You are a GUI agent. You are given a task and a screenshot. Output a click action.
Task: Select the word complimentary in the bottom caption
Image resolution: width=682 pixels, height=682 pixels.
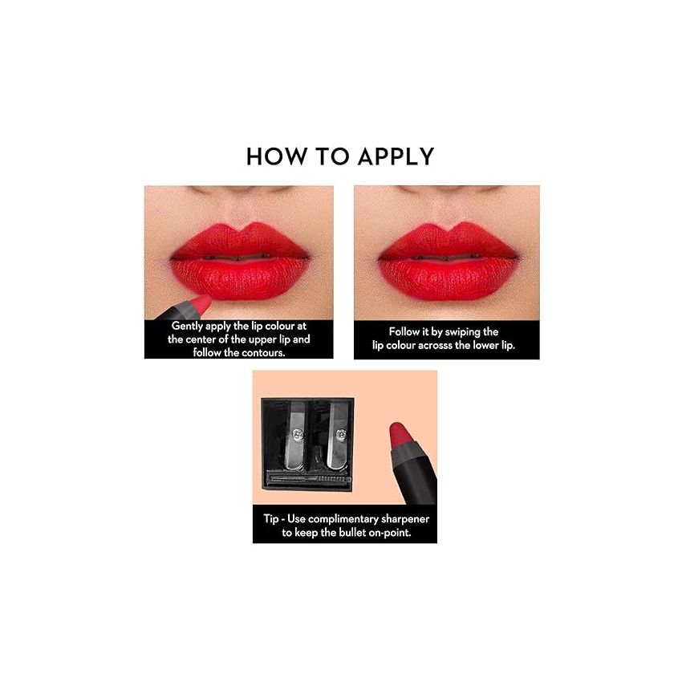[336, 519]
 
